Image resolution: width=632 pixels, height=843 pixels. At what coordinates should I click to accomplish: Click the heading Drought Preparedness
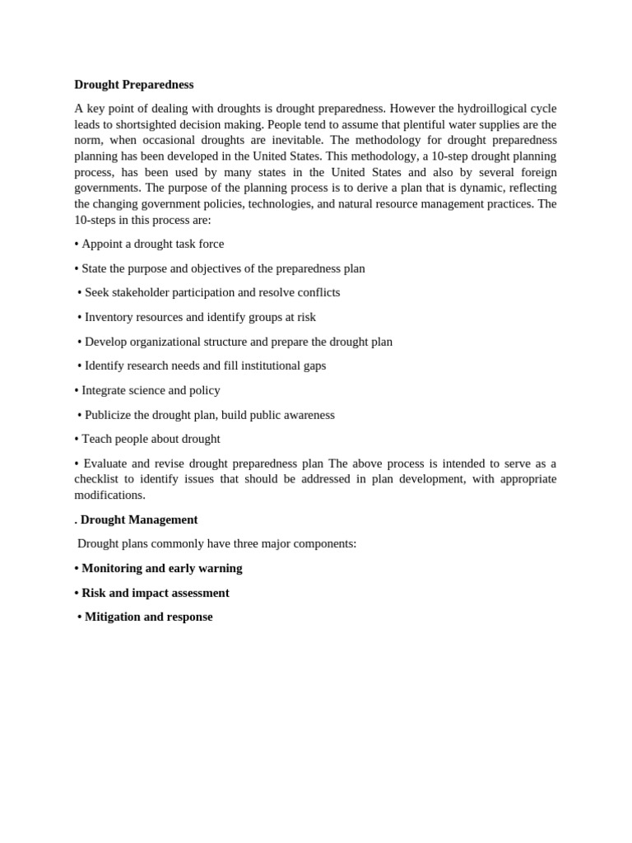(134, 85)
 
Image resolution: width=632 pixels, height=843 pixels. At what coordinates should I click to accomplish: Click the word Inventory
(110, 317)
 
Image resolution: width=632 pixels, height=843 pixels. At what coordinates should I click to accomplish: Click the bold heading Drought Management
(139, 520)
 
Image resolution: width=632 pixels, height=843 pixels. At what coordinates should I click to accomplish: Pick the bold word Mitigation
(113, 617)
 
